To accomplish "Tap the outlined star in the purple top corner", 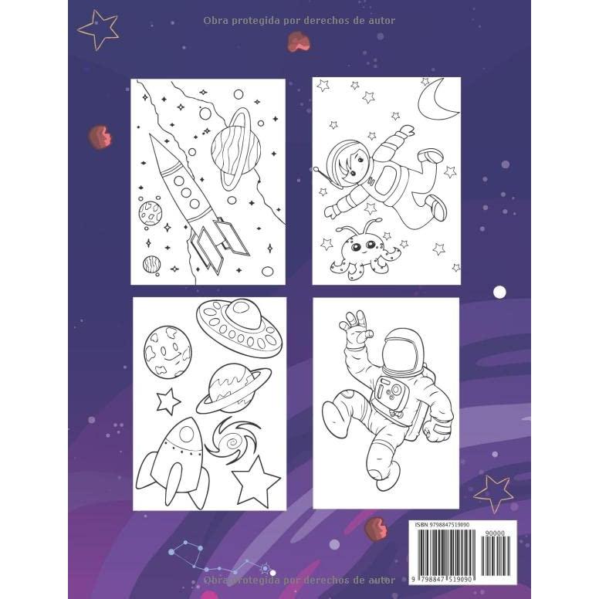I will (x=99, y=28).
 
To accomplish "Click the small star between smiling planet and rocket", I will (x=168, y=401).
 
